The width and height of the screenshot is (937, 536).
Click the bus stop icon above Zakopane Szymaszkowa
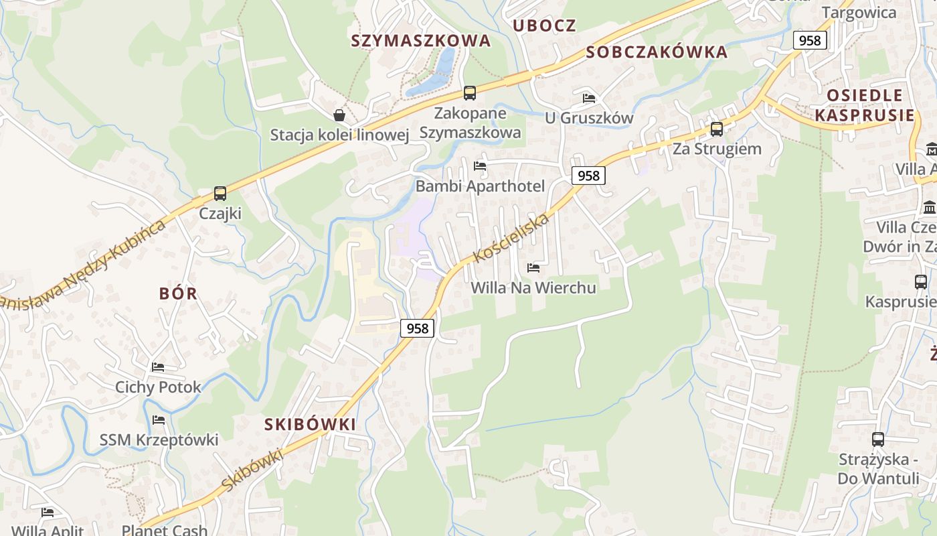pyautogui.click(x=470, y=93)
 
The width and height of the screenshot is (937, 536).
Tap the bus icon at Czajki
pyautogui.click(x=220, y=194)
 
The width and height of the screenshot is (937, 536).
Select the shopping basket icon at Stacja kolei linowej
pyautogui.click(x=339, y=115)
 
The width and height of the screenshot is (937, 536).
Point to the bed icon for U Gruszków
pyautogui.click(x=589, y=98)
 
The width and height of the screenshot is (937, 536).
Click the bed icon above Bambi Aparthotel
pyautogui.click(x=480, y=165)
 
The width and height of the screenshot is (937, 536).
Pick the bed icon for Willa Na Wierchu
pyautogui.click(x=533, y=268)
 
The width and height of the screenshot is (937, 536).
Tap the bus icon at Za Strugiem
pyautogui.click(x=717, y=129)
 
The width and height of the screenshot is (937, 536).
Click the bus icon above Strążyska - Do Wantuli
pyautogui.click(x=878, y=440)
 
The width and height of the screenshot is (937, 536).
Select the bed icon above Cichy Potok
pyautogui.click(x=158, y=367)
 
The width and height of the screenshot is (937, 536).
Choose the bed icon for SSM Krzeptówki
pyautogui.click(x=159, y=420)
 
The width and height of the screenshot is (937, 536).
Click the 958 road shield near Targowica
pyautogui.click(x=809, y=40)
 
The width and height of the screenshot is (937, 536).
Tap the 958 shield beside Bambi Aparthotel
pyautogui.click(x=588, y=176)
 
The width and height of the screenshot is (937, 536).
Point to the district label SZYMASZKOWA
pyautogui.click(x=421, y=41)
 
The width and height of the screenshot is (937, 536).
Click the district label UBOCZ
pyautogui.click(x=544, y=25)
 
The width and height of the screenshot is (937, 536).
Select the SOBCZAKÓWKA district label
pyautogui.click(x=657, y=52)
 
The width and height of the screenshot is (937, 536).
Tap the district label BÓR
pyautogui.click(x=179, y=293)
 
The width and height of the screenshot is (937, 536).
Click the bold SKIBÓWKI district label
pyautogui.click(x=311, y=424)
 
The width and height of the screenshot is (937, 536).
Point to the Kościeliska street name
pyautogui.click(x=511, y=239)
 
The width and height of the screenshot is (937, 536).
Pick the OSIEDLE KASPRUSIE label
pyautogui.click(x=865, y=105)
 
